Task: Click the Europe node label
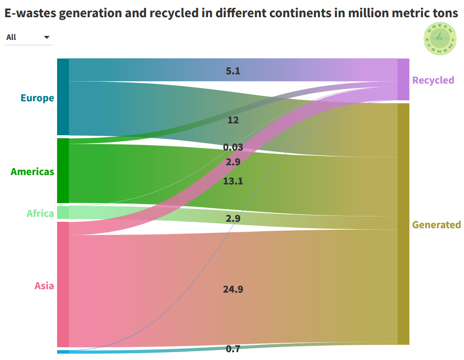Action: pos(37,98)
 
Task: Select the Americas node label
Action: pos(32,172)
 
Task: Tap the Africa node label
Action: pos(40,213)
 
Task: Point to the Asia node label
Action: pos(44,286)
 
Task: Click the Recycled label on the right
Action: pos(433,80)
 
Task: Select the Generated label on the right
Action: pos(436,225)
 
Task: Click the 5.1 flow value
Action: pos(233,71)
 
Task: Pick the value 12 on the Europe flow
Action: pos(233,120)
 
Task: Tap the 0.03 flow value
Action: pos(233,147)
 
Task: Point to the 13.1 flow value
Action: pos(233,181)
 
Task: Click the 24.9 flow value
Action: pos(233,289)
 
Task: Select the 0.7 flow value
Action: pos(233,349)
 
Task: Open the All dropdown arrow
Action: pos(47,37)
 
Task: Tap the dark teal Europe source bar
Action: pos(63,96)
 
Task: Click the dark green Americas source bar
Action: pos(63,171)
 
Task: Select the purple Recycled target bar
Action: pos(403,79)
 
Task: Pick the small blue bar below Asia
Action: pos(63,352)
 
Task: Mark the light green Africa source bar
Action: pos(63,212)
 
